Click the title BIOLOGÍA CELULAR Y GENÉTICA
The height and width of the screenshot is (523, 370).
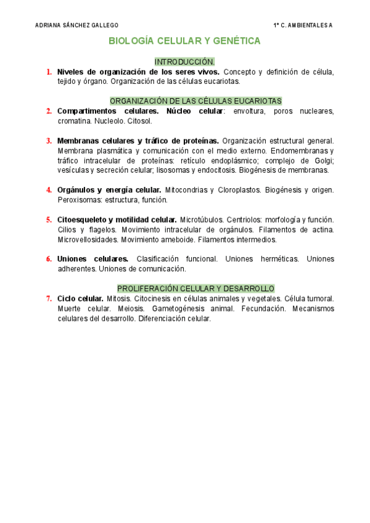coord(184,41)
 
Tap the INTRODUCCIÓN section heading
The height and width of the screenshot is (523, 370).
coord(184,62)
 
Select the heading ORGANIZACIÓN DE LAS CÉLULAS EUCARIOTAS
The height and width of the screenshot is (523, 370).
coord(195,101)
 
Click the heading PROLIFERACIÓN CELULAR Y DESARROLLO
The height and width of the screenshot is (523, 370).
coord(195,288)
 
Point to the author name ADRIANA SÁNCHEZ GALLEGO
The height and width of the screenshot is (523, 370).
coord(76,25)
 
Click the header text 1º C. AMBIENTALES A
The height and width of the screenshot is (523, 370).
coord(302,25)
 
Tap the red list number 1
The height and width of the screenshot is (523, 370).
coord(49,72)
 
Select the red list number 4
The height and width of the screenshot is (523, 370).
coord(49,189)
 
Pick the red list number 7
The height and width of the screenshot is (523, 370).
coord(49,299)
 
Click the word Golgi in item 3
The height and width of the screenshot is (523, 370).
coord(321,160)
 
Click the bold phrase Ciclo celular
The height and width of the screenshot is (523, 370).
coord(80,299)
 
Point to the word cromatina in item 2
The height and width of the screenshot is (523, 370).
coord(75,121)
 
